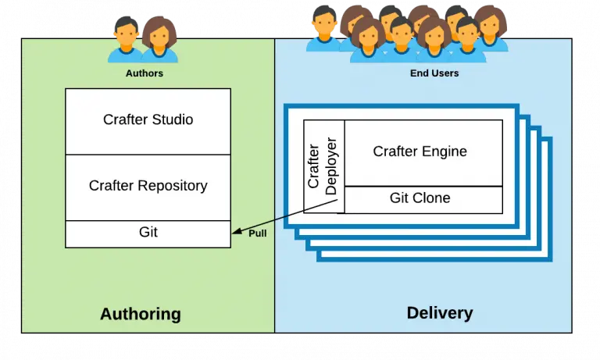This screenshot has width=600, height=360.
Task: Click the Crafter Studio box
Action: click(x=148, y=121)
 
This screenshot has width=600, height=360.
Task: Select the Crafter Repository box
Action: click(x=148, y=187)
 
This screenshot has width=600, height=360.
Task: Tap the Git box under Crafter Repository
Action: click(x=148, y=233)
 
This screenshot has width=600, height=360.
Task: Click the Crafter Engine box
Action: click(x=423, y=152)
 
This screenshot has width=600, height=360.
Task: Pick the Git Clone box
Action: click(x=423, y=198)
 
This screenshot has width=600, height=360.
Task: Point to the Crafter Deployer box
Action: click(x=323, y=165)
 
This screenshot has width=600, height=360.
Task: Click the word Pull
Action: click(x=258, y=233)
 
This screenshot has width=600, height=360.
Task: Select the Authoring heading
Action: click(x=141, y=315)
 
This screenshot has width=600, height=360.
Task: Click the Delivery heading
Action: click(x=440, y=313)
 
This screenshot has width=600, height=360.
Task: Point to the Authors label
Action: click(x=145, y=73)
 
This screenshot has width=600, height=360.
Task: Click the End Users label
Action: click(x=434, y=73)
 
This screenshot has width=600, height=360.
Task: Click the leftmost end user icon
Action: click(x=322, y=30)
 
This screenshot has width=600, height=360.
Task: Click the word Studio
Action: click(x=173, y=120)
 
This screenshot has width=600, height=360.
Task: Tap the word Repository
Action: click(x=172, y=186)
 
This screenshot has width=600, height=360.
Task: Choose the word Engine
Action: click(x=445, y=151)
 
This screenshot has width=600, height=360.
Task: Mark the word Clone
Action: click(x=431, y=198)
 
